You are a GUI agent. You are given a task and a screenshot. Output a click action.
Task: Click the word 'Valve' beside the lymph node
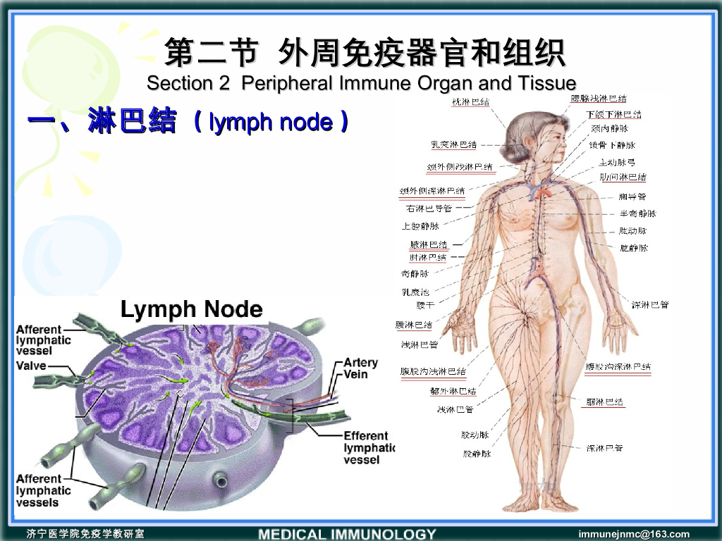pyautogui.click(x=32, y=366)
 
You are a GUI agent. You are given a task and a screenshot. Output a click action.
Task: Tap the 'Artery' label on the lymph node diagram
pyautogui.click(x=361, y=363)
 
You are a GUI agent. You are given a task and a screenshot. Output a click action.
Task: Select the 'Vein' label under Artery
pyautogui.click(x=356, y=375)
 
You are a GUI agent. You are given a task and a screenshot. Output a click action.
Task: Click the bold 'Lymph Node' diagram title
pyautogui.click(x=191, y=309)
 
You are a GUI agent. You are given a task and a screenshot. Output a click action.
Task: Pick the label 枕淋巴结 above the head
pyautogui.click(x=471, y=101)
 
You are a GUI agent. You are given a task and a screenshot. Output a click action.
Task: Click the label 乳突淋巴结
pyautogui.click(x=453, y=144)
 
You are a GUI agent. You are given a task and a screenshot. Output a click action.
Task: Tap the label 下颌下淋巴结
pyautogui.click(x=613, y=114)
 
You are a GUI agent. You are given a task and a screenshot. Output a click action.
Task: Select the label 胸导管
pyautogui.click(x=632, y=197)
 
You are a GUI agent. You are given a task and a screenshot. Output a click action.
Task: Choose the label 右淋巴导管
pyautogui.click(x=429, y=209)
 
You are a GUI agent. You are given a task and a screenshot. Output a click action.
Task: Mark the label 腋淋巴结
pyautogui.click(x=428, y=244)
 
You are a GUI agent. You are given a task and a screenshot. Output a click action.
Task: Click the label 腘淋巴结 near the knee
pyautogui.click(x=605, y=402)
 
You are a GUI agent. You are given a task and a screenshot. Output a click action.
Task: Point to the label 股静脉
pyautogui.click(x=476, y=454)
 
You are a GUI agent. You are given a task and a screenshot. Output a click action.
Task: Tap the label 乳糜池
pyautogui.click(x=415, y=291)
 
